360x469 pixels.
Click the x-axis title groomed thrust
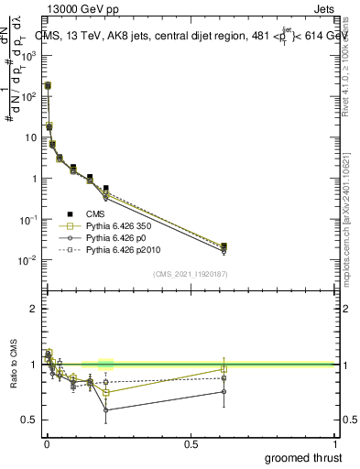point(303,457)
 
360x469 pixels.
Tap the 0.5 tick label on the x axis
point(191,444)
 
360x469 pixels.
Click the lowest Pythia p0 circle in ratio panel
point(106,409)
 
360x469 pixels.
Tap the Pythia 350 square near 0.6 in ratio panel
point(224,369)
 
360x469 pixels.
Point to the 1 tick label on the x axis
point(335,444)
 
